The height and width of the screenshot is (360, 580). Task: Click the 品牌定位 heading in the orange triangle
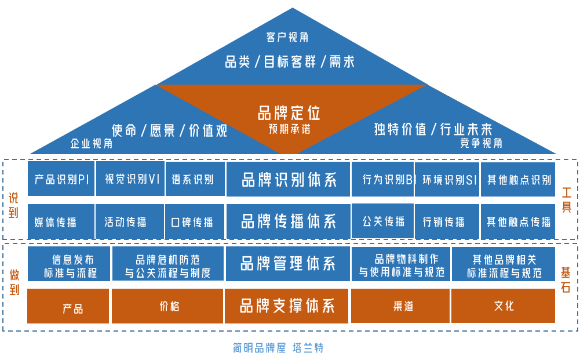click(289, 112)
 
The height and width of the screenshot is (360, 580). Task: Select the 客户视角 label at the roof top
click(287, 37)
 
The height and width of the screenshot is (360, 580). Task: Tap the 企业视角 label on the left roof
click(92, 143)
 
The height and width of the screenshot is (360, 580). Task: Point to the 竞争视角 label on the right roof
click(481, 143)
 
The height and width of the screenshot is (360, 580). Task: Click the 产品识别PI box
click(61, 179)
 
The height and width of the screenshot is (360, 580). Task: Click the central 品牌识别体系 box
click(289, 180)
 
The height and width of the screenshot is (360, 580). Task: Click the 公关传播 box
click(383, 221)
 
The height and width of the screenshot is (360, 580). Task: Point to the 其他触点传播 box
click(518, 221)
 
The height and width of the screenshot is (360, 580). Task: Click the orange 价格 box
click(169, 306)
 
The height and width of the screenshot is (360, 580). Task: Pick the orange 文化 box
click(504, 306)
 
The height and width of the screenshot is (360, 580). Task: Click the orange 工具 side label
click(566, 199)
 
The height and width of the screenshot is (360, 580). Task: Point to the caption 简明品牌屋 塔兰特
click(278, 348)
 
